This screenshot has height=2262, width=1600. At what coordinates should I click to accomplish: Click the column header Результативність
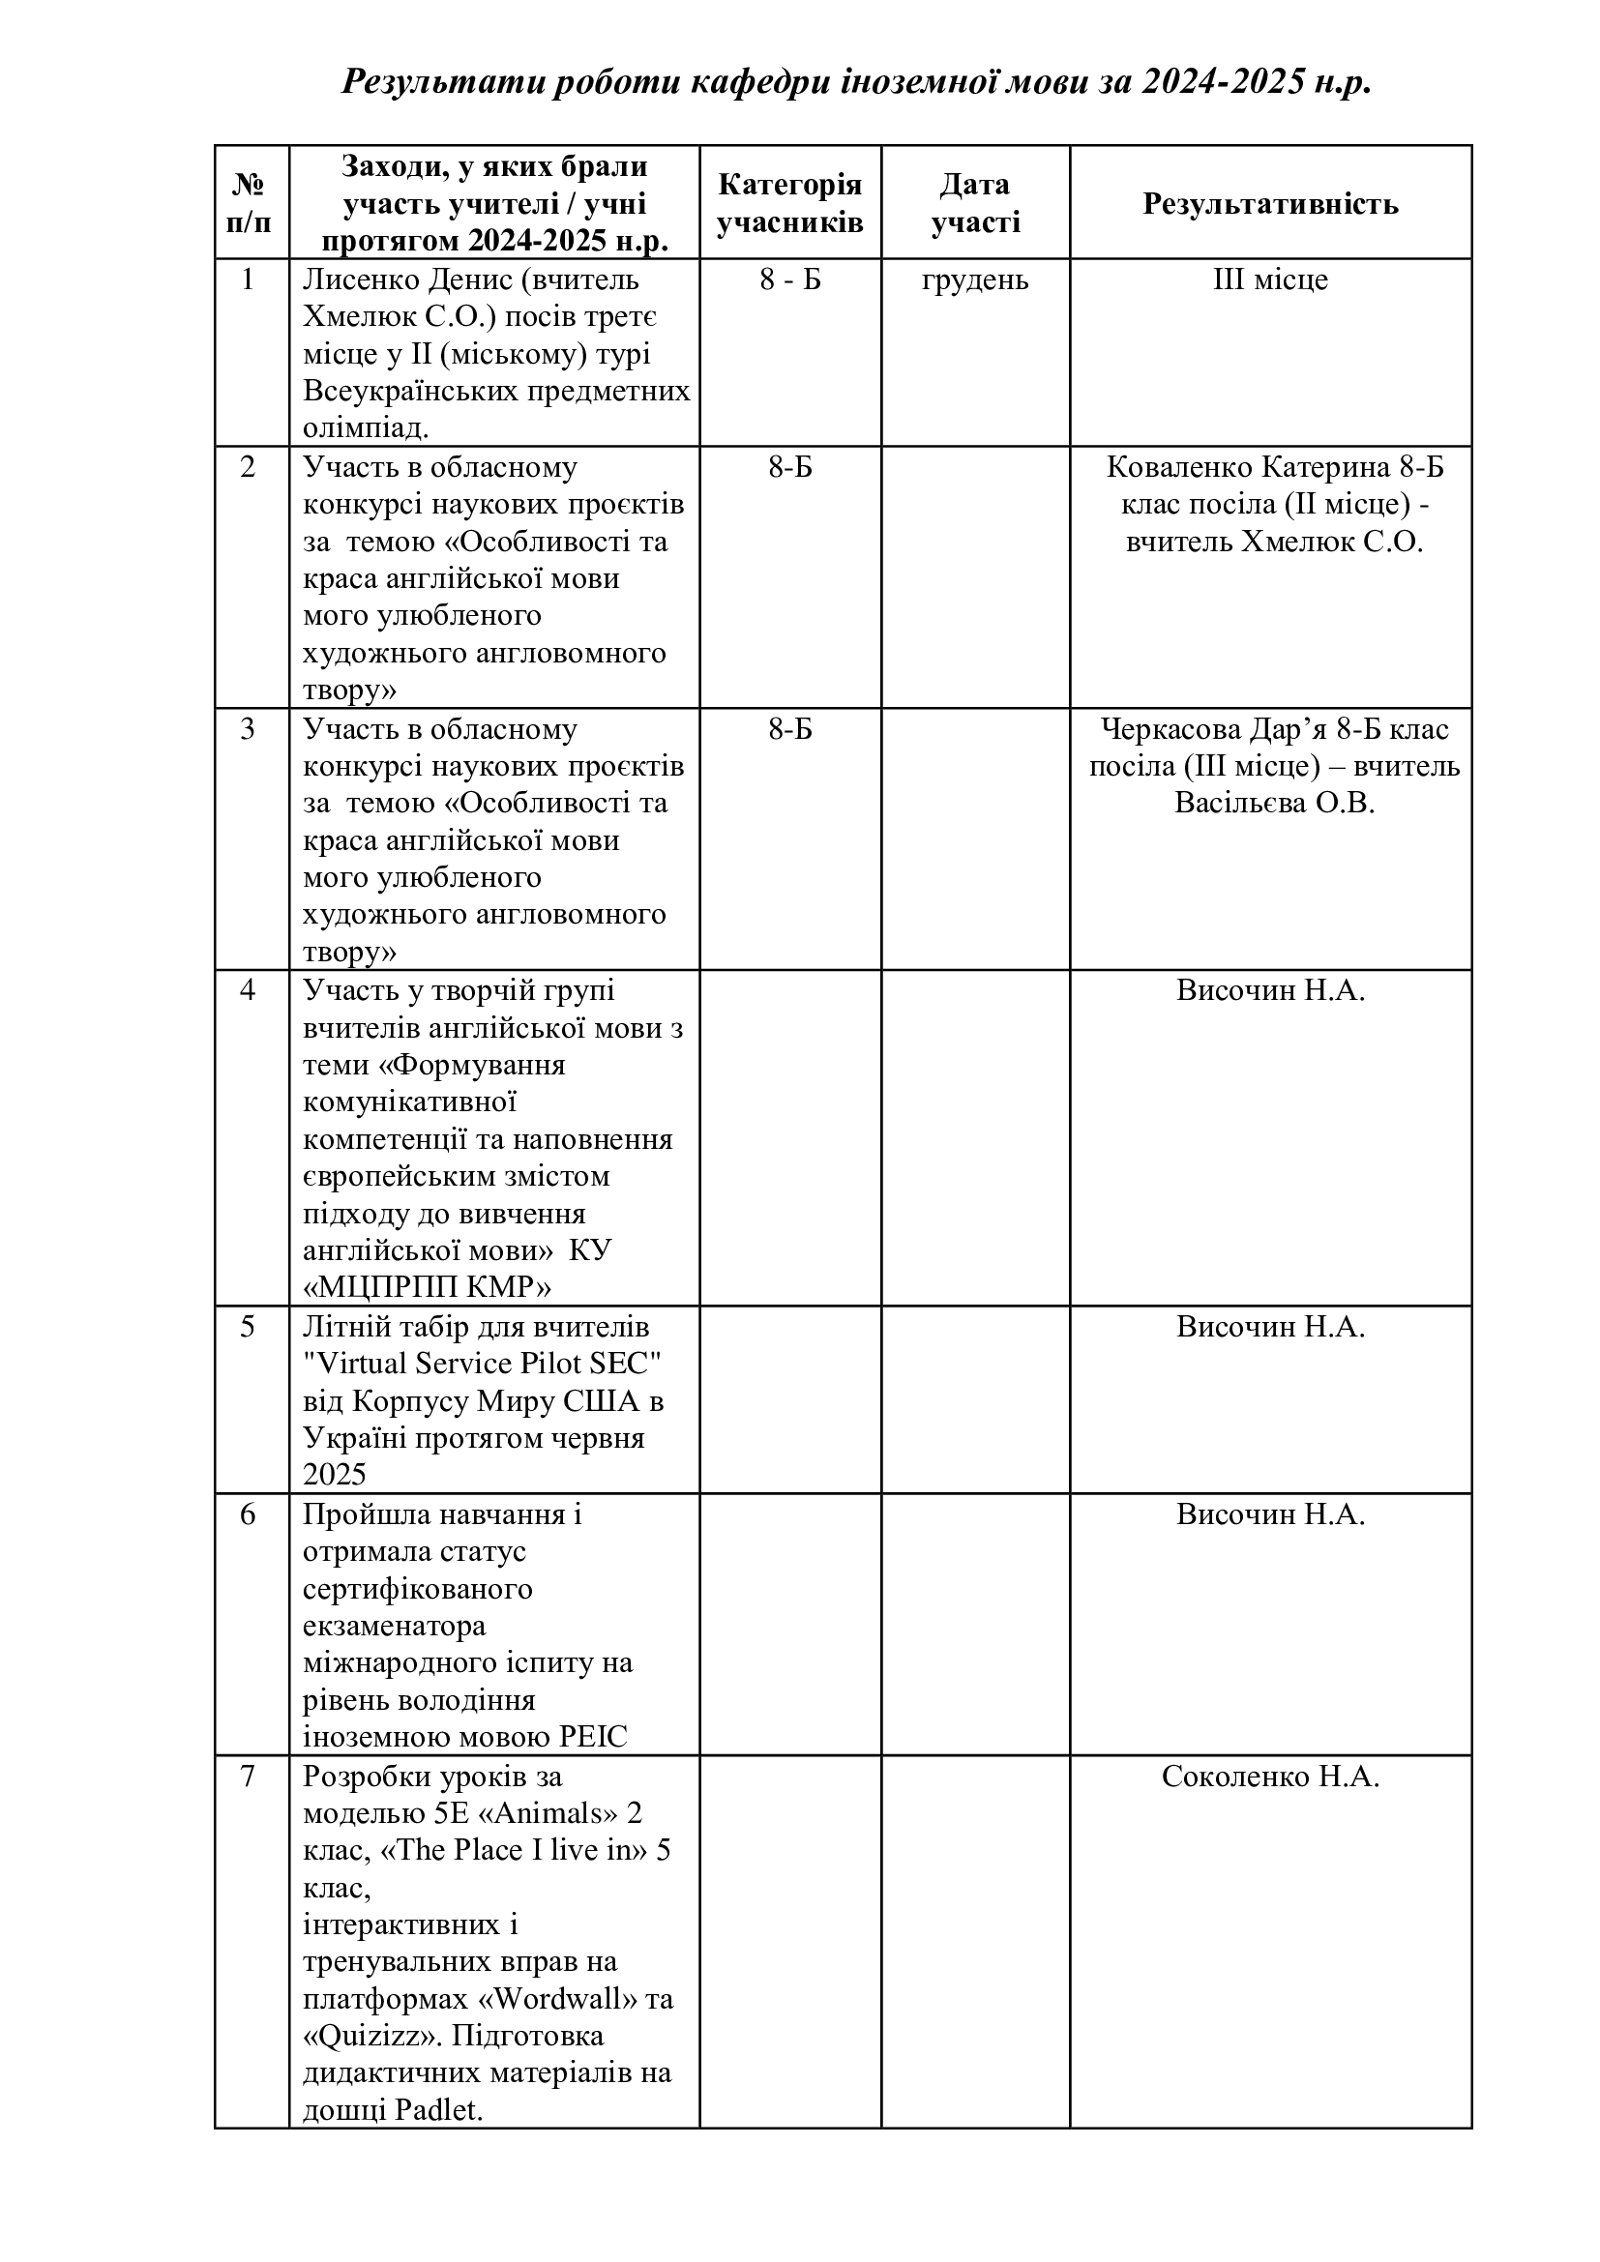click(x=1270, y=204)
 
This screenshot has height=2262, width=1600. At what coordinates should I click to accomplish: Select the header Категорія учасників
click(x=789, y=204)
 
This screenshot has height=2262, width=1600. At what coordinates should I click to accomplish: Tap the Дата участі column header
click(x=974, y=204)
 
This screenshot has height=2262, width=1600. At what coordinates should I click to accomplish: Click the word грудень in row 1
click(x=974, y=280)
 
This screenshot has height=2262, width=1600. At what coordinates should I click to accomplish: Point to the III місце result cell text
click(x=1270, y=280)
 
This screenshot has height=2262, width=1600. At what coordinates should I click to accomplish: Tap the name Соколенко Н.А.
click(x=1270, y=1777)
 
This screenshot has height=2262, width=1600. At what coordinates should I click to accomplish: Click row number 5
click(x=248, y=1327)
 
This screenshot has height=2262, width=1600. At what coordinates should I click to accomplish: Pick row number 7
click(x=248, y=1777)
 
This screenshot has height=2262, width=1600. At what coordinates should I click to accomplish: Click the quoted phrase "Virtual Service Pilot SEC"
click(x=482, y=1365)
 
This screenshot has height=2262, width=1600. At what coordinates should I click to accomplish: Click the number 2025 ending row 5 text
click(x=334, y=1475)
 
